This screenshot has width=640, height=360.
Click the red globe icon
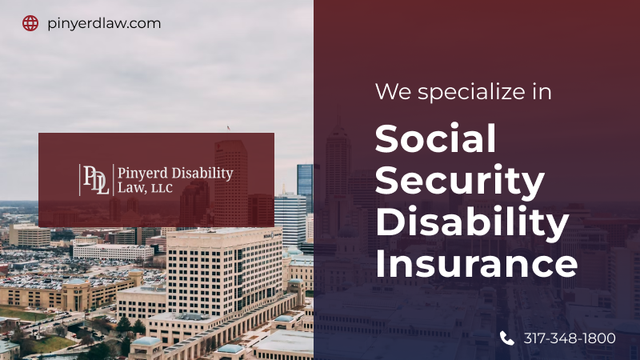point(30,23)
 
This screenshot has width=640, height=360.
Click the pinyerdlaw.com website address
point(104,23)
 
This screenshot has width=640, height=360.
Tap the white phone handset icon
point(507,338)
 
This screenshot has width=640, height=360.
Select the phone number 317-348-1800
point(570,338)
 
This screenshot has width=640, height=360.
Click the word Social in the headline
point(435,138)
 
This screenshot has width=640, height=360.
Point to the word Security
point(459,182)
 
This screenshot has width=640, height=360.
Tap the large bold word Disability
point(472,222)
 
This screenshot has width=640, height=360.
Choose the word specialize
point(471,92)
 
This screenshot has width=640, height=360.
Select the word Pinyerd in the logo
point(142,173)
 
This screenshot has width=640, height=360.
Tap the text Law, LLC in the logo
point(145,187)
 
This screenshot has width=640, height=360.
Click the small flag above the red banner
point(228,128)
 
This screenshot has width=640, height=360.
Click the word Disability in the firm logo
point(202,173)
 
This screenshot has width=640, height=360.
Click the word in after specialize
point(542,91)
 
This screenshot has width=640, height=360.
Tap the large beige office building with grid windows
point(224,271)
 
